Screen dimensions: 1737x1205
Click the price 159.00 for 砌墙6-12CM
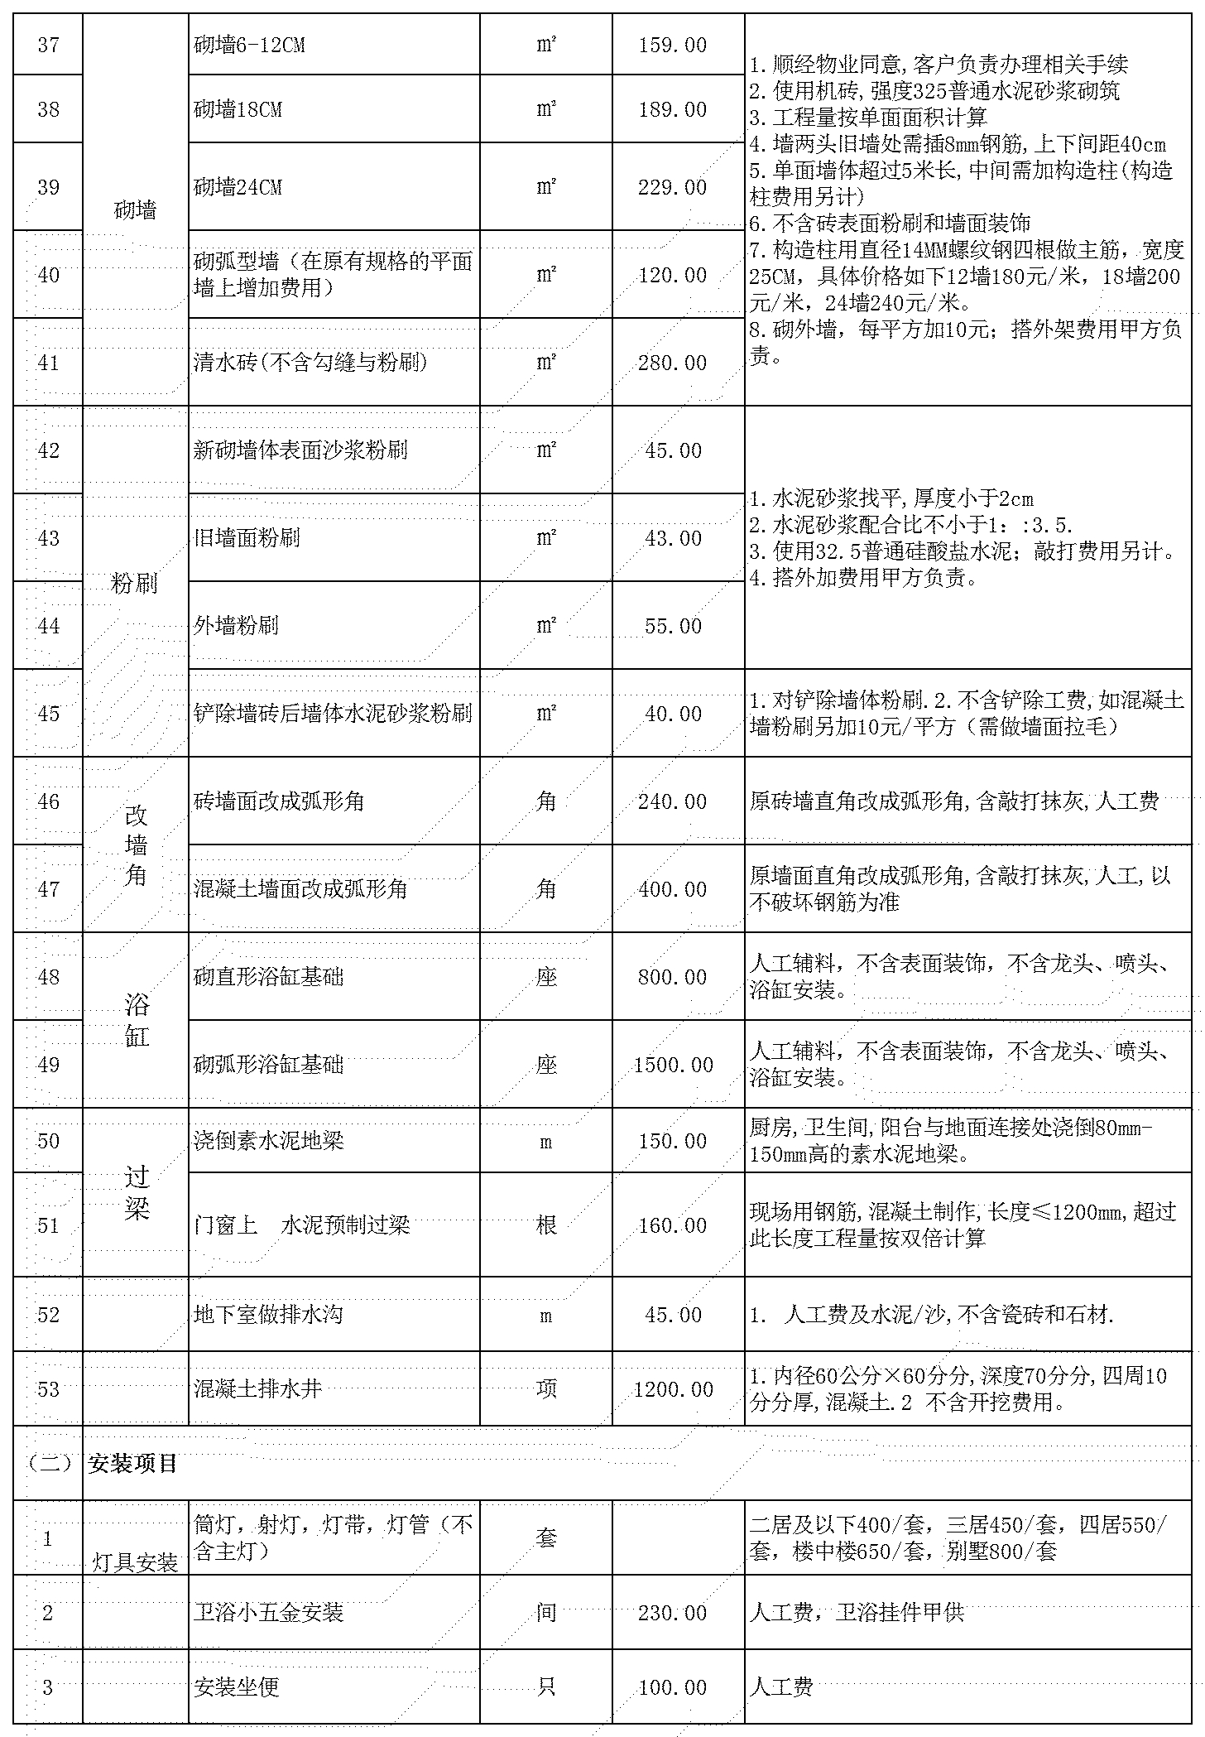tap(672, 45)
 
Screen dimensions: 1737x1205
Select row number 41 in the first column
tap(49, 363)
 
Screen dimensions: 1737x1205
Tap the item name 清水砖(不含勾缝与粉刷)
tap(310, 363)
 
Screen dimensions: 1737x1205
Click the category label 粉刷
tap(134, 583)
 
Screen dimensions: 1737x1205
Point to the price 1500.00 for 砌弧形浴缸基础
tap(673, 1065)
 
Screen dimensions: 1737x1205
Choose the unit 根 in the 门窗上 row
tap(545, 1225)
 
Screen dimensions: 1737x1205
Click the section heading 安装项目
tap(132, 1464)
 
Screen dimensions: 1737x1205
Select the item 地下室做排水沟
tap(256, 1315)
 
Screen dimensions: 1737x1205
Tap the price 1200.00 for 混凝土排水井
tap(673, 1389)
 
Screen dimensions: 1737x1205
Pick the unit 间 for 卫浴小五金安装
tap(545, 1613)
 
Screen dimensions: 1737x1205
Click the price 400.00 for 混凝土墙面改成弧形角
tap(672, 889)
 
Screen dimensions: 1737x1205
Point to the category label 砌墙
tap(135, 210)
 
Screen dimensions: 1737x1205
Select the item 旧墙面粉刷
tap(247, 538)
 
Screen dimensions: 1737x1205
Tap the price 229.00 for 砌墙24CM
tap(672, 188)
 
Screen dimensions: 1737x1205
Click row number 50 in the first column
tap(49, 1141)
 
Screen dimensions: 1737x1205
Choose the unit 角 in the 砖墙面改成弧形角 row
tap(545, 801)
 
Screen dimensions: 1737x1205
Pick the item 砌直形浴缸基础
tap(268, 977)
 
